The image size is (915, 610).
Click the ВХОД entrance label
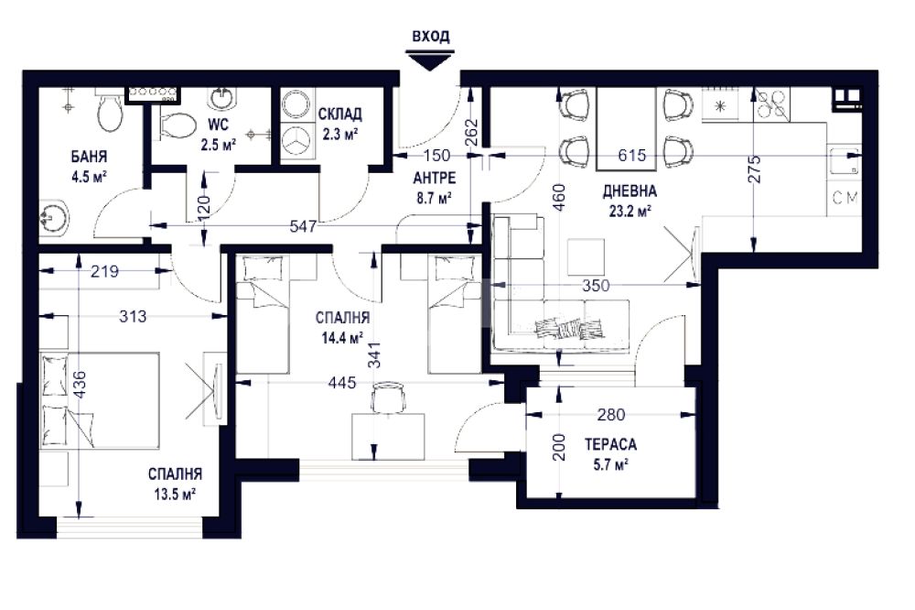[x=431, y=37]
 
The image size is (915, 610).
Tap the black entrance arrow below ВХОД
[x=430, y=61]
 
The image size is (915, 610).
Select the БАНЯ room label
[x=90, y=157]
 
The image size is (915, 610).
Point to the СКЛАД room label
[x=339, y=114]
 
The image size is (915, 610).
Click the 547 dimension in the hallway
[x=304, y=225]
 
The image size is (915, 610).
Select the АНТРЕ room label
[x=434, y=178]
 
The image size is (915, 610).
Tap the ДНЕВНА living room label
[x=630, y=191]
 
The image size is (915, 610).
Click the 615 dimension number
[x=632, y=155]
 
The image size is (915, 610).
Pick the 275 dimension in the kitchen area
[x=754, y=169]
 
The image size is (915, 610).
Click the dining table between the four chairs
[x=626, y=128]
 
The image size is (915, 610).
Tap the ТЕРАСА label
[x=611, y=444]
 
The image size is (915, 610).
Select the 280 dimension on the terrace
[x=611, y=414]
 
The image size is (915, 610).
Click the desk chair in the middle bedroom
[x=388, y=397]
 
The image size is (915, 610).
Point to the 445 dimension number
[x=342, y=383]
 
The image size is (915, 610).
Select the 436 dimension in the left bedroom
[x=80, y=386]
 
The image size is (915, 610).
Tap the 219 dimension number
[x=105, y=270]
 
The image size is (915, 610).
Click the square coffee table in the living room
[x=587, y=257]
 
